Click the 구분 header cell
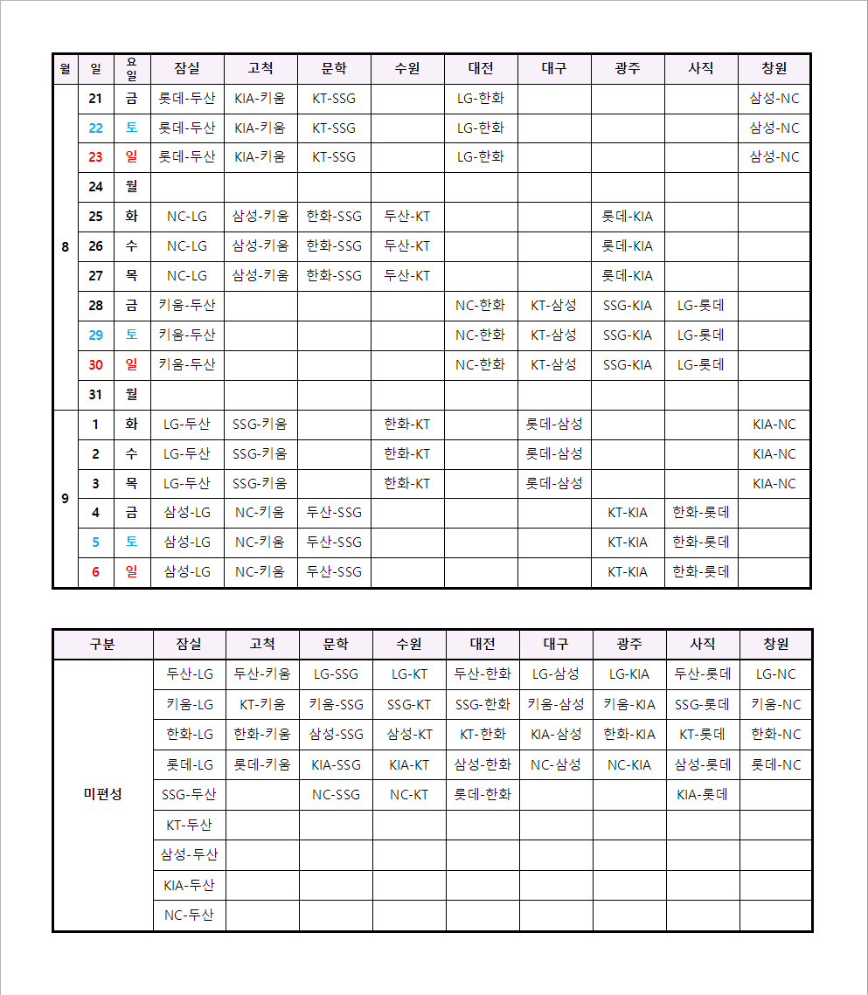tap(102, 645)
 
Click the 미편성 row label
tap(102, 794)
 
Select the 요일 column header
tap(132, 69)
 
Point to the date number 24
tap(95, 187)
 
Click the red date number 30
tap(95, 365)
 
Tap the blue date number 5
tap(95, 542)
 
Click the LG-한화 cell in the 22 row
tap(481, 128)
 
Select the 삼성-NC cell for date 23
tap(774, 157)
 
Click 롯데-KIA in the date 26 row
tap(627, 246)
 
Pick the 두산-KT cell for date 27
tap(407, 276)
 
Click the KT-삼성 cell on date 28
tap(553, 306)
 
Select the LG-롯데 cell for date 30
tap(700, 365)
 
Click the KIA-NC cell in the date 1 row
tap(774, 425)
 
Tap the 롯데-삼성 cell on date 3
tap(553, 483)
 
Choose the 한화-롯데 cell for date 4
tap(700, 513)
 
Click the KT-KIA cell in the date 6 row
tap(627, 572)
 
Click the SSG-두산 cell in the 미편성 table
tap(189, 795)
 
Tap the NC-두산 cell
tap(189, 916)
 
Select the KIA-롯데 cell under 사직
tap(702, 795)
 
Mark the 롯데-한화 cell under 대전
tap(483, 795)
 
